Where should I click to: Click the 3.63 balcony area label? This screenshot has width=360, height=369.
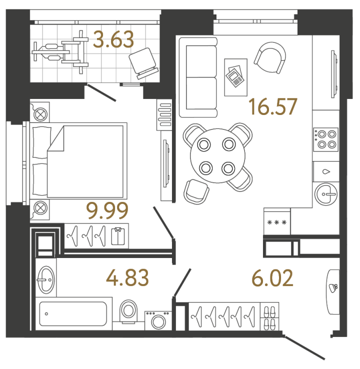click(x=113, y=39)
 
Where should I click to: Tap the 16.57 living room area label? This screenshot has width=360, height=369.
click(x=273, y=106)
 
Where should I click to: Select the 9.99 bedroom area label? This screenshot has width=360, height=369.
click(x=107, y=210)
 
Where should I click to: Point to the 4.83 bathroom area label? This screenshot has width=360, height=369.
click(x=127, y=277)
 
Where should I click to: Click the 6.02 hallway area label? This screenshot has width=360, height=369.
click(x=272, y=278)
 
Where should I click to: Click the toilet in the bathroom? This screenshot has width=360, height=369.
click(x=128, y=311)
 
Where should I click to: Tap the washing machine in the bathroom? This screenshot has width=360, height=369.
click(x=158, y=320)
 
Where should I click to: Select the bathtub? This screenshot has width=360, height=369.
click(x=73, y=313)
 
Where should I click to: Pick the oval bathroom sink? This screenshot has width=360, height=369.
click(x=46, y=280)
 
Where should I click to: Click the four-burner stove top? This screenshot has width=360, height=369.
click(x=325, y=139)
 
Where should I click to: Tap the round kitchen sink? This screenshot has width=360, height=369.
click(x=326, y=194)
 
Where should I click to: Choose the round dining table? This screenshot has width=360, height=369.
click(x=217, y=156)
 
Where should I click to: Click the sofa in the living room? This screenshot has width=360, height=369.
click(x=198, y=77)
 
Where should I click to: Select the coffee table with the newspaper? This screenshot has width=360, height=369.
click(x=236, y=77)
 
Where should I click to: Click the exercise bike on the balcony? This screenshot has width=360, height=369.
click(x=60, y=52)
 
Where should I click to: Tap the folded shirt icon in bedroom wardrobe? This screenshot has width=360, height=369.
click(x=118, y=236)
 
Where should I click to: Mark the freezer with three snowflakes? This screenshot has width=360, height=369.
click(x=277, y=222)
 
